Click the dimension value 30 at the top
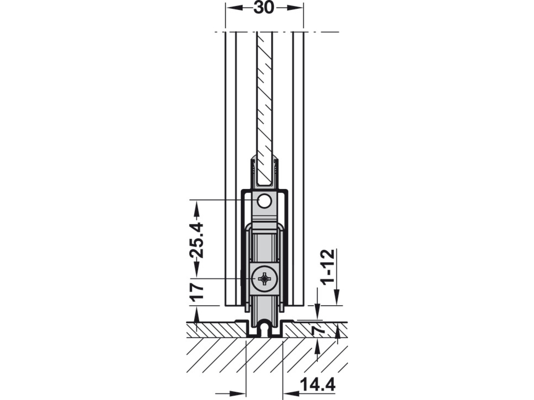pos(264,8)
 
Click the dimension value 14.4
pos(317,385)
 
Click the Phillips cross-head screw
pos(264,279)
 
